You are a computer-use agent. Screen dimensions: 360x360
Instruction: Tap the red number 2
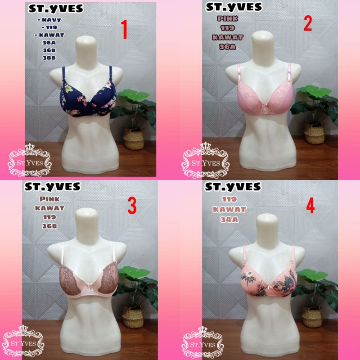(x=307, y=22)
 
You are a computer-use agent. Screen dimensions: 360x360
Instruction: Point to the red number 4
(x=310, y=206)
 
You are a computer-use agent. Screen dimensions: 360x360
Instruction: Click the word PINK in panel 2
(x=229, y=19)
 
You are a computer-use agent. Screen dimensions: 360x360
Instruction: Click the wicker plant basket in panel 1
(x=134, y=137)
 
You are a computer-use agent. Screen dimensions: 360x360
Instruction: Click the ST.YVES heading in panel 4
(x=233, y=186)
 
